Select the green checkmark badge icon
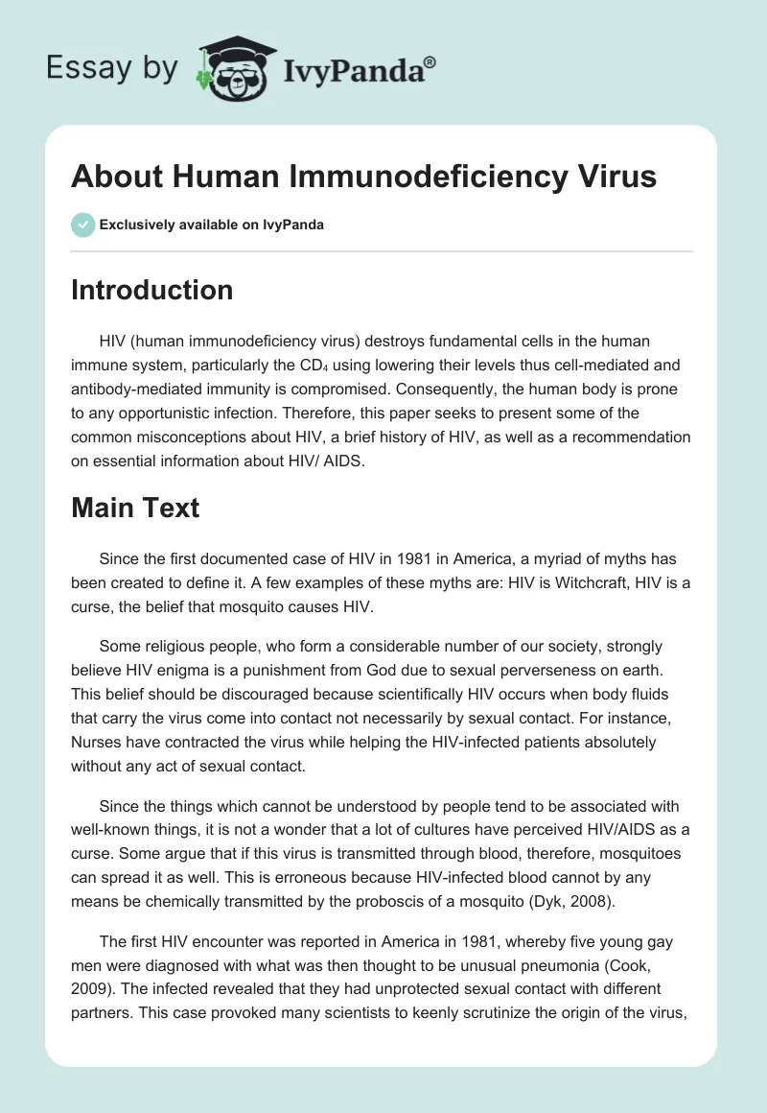[82, 225]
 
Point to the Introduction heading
[151, 290]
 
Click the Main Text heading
[135, 508]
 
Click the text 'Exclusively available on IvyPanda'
[212, 225]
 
